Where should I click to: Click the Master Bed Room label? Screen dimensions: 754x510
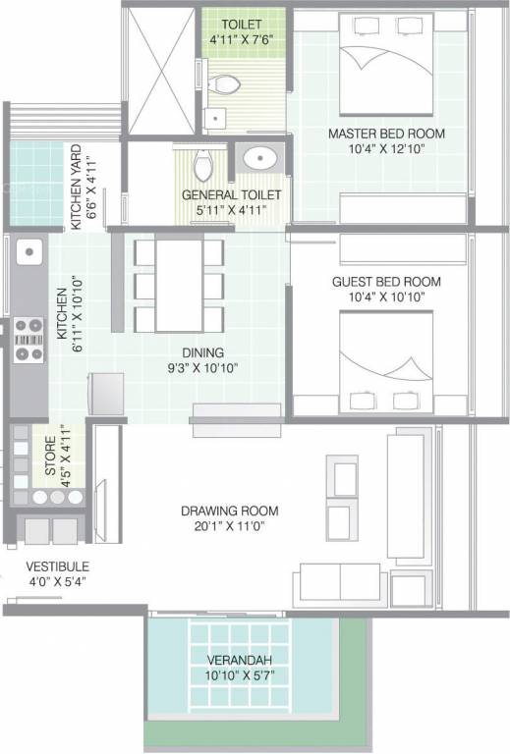[x=386, y=134]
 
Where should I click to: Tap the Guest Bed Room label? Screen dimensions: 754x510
[x=386, y=282]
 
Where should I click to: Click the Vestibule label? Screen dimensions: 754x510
[x=58, y=566]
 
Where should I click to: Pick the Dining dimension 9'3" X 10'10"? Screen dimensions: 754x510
[x=201, y=368]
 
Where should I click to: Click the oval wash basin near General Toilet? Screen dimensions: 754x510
[x=260, y=157]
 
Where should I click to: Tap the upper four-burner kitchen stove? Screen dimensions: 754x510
[x=28, y=324]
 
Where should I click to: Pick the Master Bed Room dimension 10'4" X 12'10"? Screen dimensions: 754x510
[x=386, y=149]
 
